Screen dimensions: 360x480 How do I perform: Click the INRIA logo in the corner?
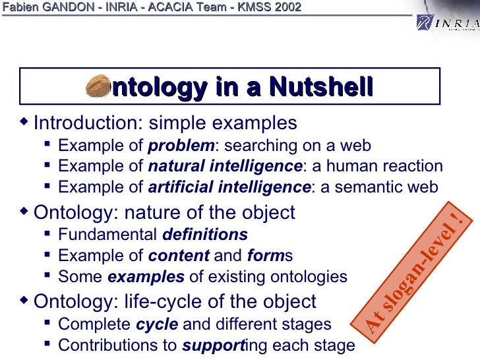tap(446, 24)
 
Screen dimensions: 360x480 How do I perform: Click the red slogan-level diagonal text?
tap(415, 270)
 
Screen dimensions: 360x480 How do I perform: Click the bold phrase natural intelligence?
tap(225, 166)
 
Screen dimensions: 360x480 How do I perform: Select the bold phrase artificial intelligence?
tap(229, 187)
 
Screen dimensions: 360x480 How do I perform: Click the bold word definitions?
tap(205, 234)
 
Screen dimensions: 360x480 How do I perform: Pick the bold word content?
tap(179, 255)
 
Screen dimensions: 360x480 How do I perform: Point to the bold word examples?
tap(146, 276)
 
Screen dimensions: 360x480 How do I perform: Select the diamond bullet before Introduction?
tap(25, 122)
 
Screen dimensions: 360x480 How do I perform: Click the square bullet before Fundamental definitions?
tap(49, 234)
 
